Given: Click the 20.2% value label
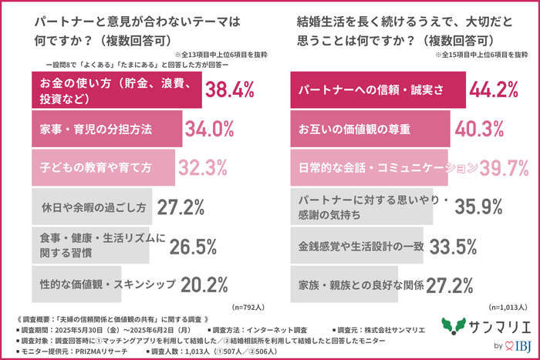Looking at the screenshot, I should coord(202,284).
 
